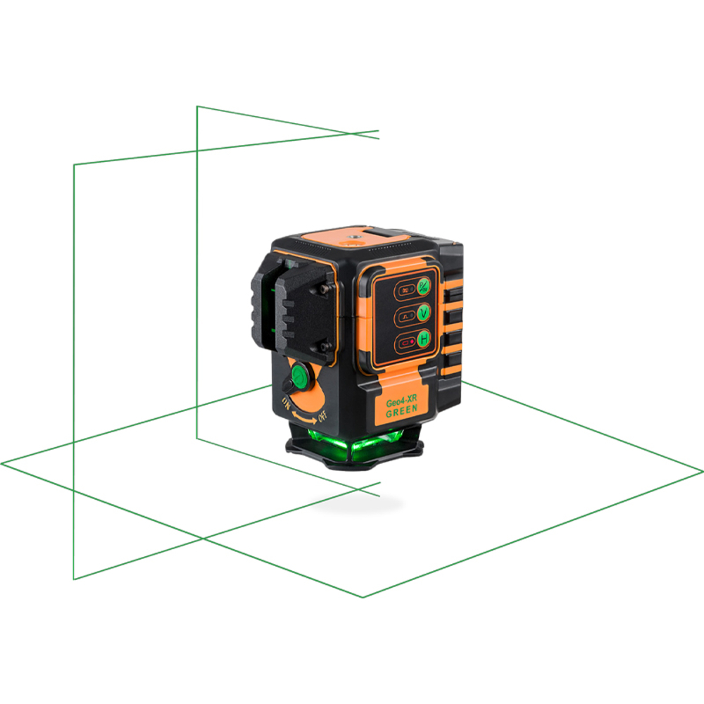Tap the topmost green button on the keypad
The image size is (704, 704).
[x=424, y=286]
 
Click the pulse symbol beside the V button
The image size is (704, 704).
[x=406, y=315]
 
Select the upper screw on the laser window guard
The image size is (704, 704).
[x=322, y=289]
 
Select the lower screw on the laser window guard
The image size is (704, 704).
[x=322, y=346]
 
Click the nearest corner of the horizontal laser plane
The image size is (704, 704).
[x=363, y=597]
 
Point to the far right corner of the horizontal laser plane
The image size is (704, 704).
[x=702, y=470]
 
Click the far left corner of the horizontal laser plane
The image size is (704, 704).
[x=2, y=464]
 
